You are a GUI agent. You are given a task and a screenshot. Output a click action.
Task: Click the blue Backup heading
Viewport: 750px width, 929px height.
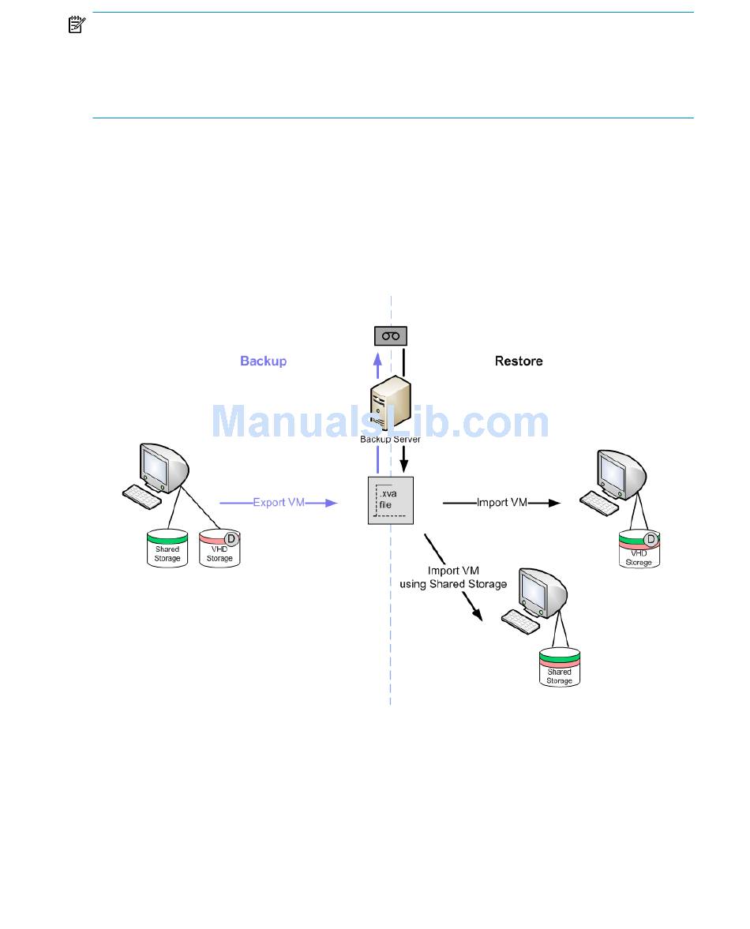263,361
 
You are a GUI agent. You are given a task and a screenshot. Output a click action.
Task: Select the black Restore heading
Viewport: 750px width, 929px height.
519,361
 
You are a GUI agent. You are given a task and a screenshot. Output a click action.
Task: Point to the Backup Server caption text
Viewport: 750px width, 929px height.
391,439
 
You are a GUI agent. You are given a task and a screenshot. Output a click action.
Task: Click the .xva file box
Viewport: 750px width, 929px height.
392,500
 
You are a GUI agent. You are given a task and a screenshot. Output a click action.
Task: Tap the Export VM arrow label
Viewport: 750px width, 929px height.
279,502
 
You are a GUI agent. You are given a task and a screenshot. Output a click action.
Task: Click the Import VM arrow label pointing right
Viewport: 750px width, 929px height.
503,502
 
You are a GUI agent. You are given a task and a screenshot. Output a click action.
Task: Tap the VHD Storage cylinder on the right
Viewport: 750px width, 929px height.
639,550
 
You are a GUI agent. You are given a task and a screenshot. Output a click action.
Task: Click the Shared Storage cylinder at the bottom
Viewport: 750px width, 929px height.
559,667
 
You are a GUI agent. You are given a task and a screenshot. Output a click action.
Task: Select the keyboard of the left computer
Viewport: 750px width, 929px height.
144,495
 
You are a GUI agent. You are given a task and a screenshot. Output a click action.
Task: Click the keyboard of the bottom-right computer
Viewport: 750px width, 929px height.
522,619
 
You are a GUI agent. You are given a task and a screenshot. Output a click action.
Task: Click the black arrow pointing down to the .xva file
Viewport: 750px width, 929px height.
403,457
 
